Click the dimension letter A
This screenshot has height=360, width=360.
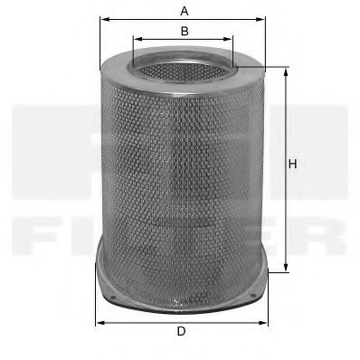pos(184,11)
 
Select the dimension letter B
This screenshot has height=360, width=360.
pos(184,31)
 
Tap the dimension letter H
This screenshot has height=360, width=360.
pos(292,164)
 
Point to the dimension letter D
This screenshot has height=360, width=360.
pos(181,332)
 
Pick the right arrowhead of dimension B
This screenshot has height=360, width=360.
pos(231,41)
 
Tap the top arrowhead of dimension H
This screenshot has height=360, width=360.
pos(288,70)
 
